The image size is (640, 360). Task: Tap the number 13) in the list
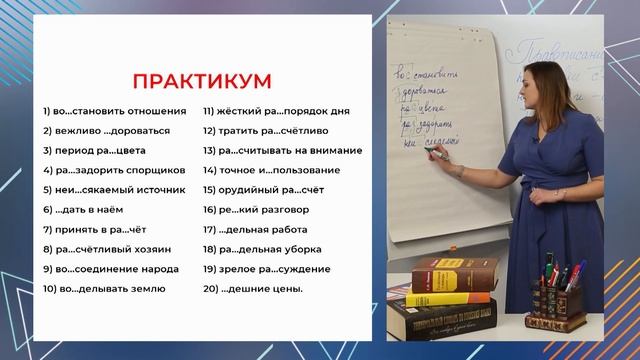210,150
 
